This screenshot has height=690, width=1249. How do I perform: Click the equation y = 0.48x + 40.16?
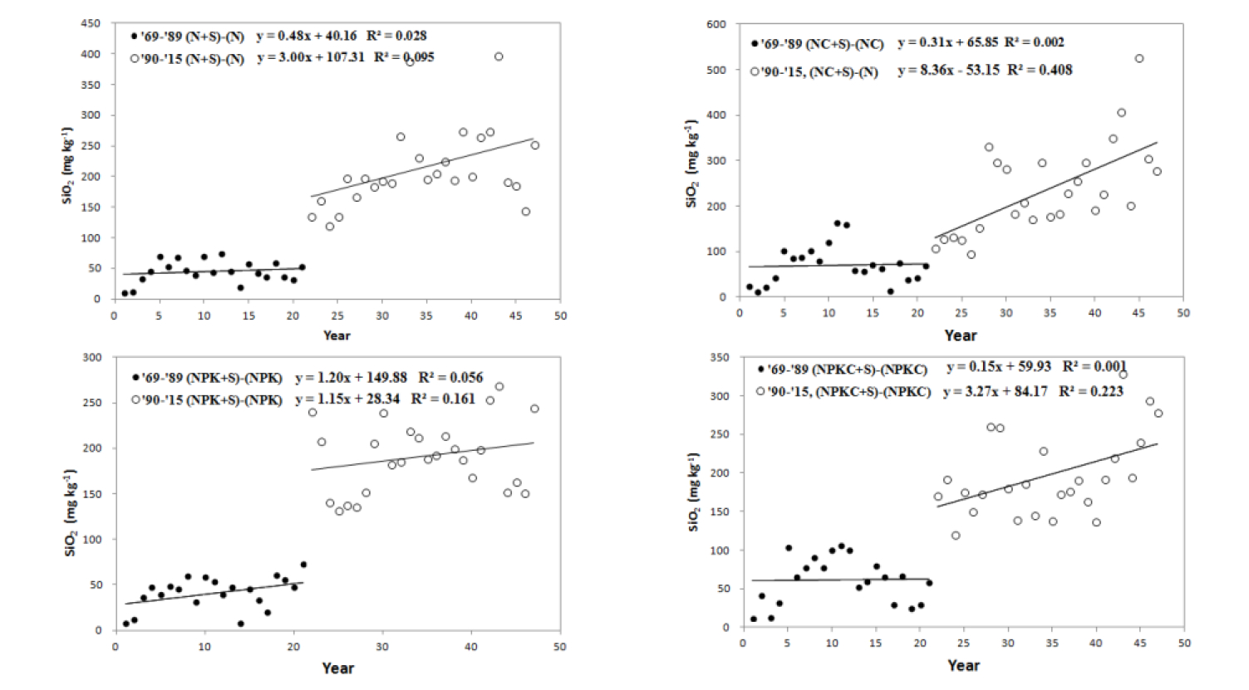click(307, 36)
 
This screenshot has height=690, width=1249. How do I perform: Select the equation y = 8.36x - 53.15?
click(948, 71)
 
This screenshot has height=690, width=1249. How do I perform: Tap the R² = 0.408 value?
click(1040, 71)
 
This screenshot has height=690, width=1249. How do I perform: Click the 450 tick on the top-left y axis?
click(91, 23)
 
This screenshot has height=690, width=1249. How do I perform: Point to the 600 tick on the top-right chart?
click(716, 25)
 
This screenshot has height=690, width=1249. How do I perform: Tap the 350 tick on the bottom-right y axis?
click(719, 358)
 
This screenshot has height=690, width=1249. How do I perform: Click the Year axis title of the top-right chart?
click(960, 335)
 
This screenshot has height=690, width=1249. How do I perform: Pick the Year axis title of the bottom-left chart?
click(337, 668)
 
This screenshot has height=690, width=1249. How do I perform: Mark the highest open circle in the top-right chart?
click(1139, 59)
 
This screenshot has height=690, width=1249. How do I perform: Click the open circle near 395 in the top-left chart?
click(499, 57)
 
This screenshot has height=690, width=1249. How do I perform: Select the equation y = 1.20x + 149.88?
click(351, 378)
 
